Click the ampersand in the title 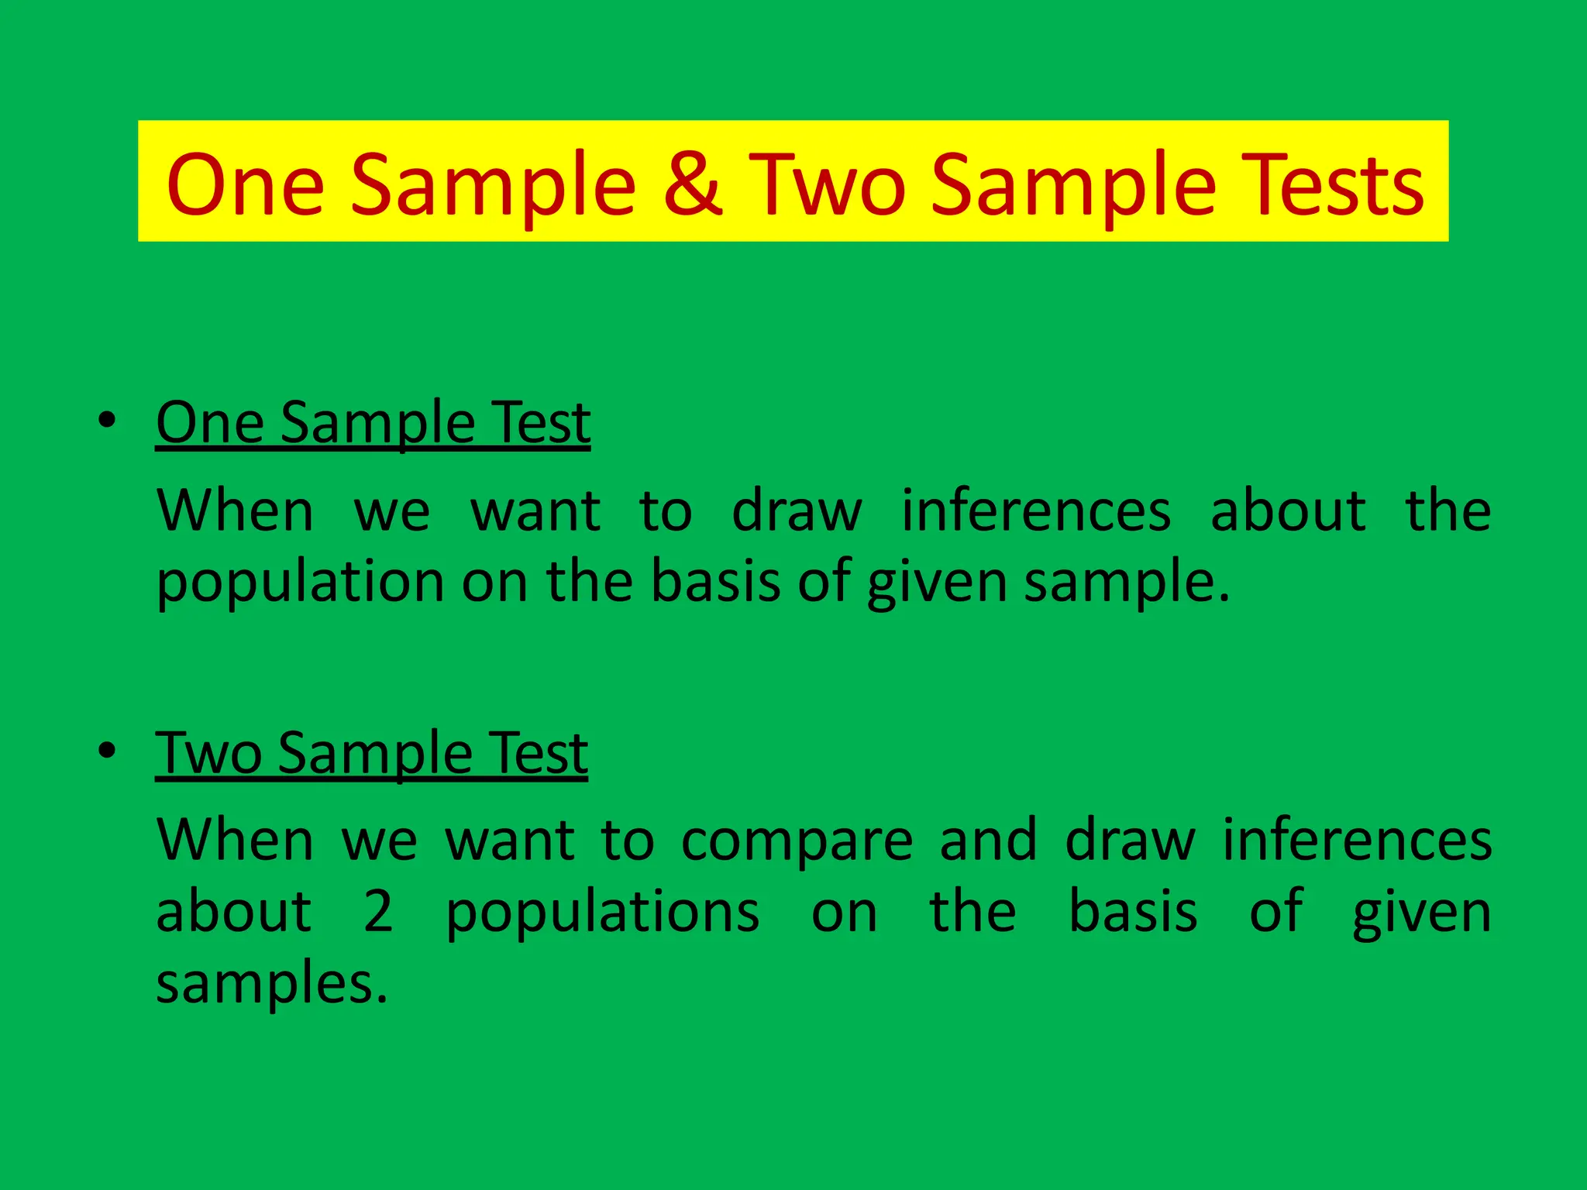[x=693, y=184]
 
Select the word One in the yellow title [x=245, y=184]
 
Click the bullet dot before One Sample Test [x=107, y=421]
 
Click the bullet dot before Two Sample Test [x=107, y=751]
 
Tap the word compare [x=797, y=840]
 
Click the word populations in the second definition [x=602, y=913]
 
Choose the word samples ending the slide [x=271, y=982]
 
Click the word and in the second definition [x=988, y=840]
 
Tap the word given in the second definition [x=1421, y=913]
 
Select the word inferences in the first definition [x=1036, y=511]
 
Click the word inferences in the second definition [x=1357, y=840]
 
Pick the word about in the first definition [x=1288, y=511]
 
